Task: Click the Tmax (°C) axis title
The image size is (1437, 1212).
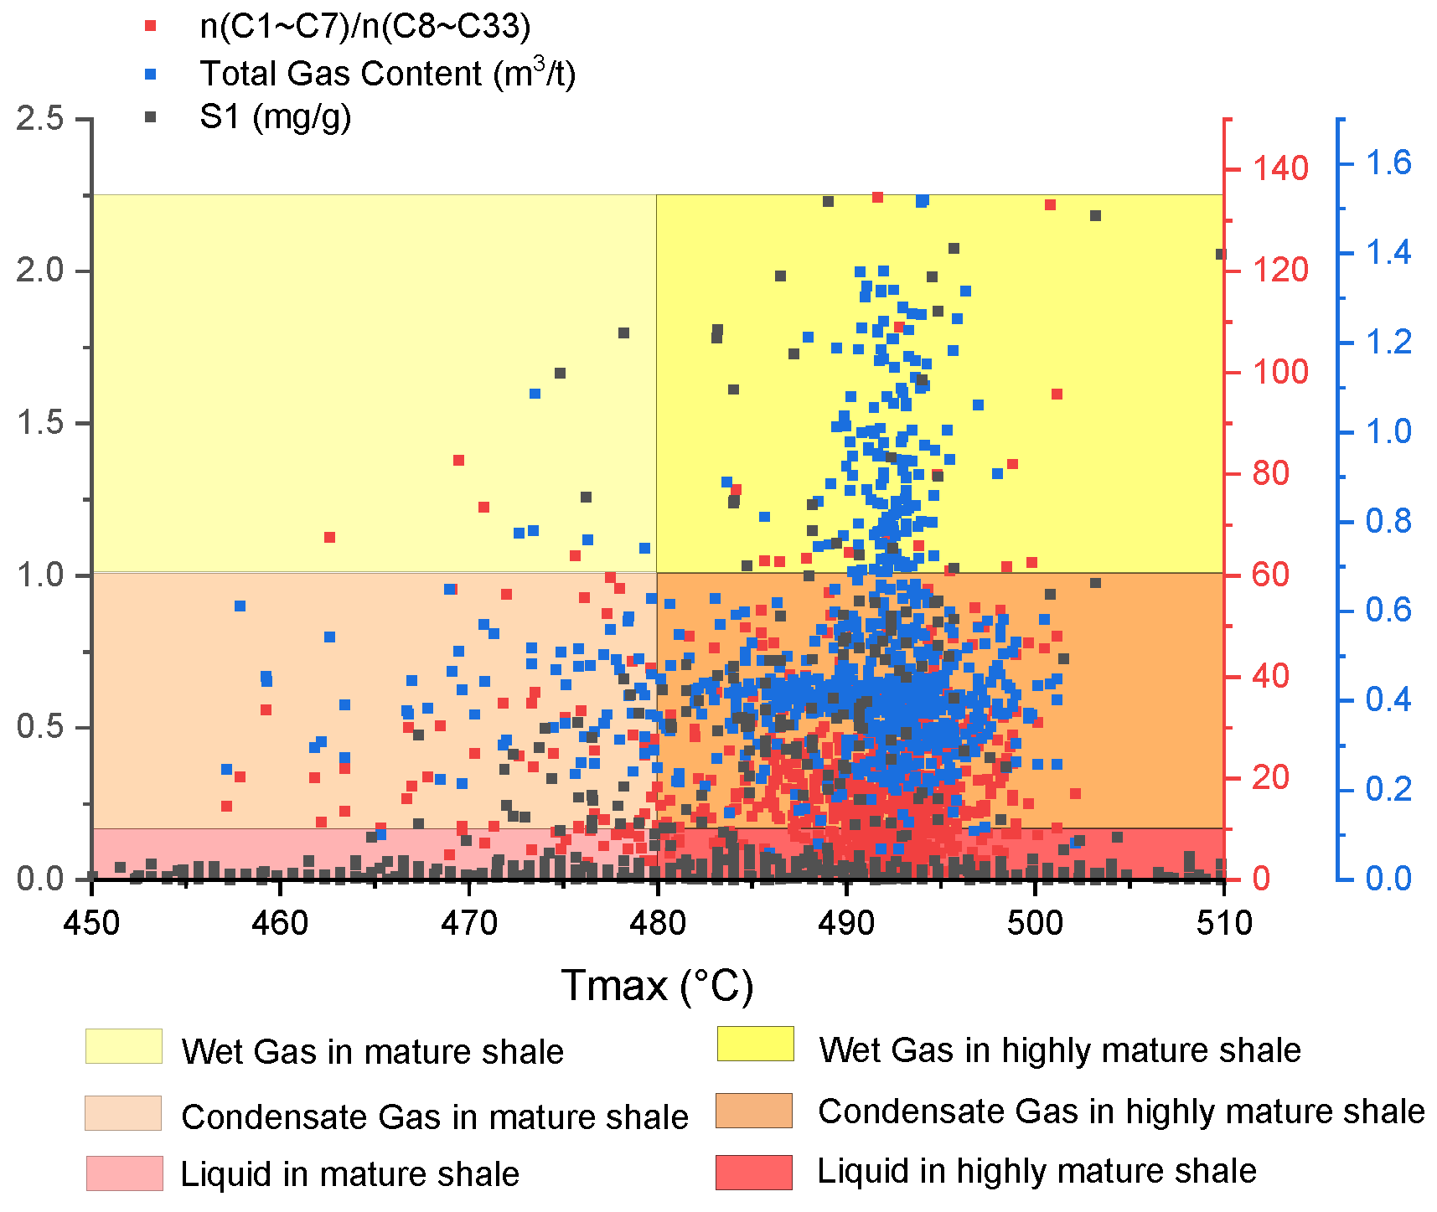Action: (x=657, y=985)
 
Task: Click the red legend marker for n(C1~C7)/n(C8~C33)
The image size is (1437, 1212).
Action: (x=151, y=26)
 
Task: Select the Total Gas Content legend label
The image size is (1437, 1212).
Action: (x=387, y=74)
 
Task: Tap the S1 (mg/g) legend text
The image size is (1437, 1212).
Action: (x=275, y=116)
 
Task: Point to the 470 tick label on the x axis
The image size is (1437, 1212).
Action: (x=468, y=923)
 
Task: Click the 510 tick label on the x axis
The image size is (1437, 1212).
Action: (x=1223, y=923)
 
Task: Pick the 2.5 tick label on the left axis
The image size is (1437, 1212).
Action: (x=39, y=118)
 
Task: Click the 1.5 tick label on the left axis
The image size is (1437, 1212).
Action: (x=39, y=423)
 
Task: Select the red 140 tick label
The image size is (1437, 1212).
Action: (x=1279, y=168)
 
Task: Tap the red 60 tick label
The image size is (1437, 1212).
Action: (x=1270, y=575)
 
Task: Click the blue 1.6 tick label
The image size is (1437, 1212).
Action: (x=1388, y=162)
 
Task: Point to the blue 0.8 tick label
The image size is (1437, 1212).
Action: (x=1388, y=521)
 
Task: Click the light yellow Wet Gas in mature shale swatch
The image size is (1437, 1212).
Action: (x=123, y=1046)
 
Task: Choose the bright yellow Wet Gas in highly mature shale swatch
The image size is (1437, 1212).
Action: (x=755, y=1044)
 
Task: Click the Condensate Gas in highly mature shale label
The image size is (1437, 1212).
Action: (x=1120, y=1111)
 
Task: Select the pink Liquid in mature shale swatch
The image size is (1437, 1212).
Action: (x=124, y=1173)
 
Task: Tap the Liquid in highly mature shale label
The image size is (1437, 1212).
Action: (x=1036, y=1171)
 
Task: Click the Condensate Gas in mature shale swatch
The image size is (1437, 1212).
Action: (x=123, y=1113)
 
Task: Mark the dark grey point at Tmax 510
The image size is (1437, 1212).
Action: (x=1220, y=255)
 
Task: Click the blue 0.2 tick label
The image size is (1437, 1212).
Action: (x=1388, y=789)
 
